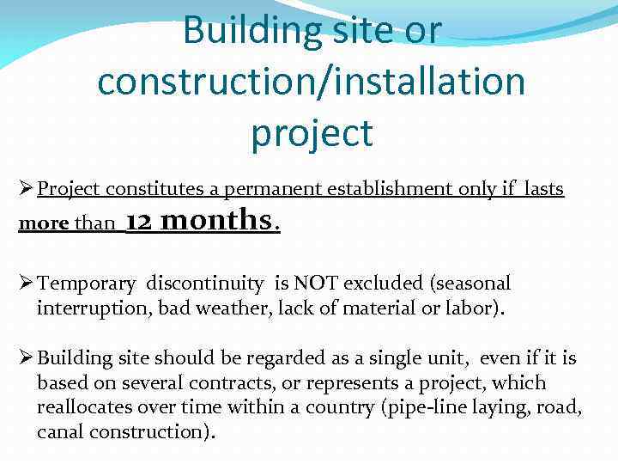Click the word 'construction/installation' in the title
(311, 82)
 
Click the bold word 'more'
(44, 223)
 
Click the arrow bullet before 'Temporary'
(25, 284)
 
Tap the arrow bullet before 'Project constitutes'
(25, 189)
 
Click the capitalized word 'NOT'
(314, 284)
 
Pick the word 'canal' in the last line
(60, 431)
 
